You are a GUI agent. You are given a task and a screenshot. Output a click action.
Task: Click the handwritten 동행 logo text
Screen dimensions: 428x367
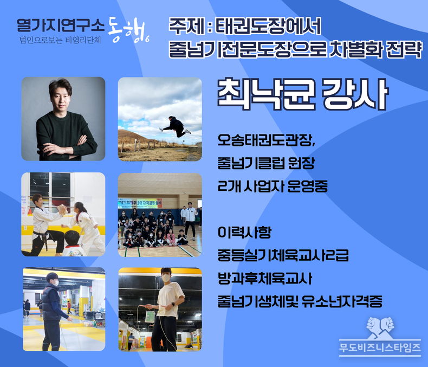coord(128,30)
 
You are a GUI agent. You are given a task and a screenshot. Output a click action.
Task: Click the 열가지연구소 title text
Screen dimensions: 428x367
coord(60,25)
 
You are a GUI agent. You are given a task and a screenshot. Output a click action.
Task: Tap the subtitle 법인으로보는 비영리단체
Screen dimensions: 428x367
coord(60,40)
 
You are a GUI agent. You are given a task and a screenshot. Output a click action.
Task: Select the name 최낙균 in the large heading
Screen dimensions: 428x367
coord(266,94)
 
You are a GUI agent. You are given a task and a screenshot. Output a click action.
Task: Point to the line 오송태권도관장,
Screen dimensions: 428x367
coord(267,140)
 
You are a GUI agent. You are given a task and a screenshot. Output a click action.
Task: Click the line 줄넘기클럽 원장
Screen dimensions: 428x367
coord(266,163)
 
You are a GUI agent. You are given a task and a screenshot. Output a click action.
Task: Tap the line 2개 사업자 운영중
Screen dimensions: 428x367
coord(273,186)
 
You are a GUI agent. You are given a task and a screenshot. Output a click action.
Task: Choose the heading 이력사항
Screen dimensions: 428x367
coord(244,233)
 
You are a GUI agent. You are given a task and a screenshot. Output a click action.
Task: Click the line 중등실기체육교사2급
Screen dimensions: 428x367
coord(283,255)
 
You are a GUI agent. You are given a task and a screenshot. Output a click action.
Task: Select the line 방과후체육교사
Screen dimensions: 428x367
coord(265,279)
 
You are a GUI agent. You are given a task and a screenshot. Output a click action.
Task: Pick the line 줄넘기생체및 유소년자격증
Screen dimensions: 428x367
coord(300,301)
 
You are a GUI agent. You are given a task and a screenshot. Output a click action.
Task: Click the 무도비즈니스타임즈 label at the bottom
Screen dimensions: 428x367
coord(380,347)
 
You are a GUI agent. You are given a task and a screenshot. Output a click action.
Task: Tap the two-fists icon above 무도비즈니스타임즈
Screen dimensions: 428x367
coord(380,327)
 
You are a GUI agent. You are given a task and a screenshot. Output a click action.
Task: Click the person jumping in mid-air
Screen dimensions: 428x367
coord(174,126)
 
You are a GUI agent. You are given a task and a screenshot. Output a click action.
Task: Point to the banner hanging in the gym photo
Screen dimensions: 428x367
coord(140,203)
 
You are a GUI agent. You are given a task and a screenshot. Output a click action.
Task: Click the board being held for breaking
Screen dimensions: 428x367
coord(62,210)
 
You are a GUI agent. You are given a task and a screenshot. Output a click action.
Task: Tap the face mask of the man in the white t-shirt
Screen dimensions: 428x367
coord(166,278)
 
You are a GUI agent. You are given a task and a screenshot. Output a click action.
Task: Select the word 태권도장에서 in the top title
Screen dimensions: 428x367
coord(268,26)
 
